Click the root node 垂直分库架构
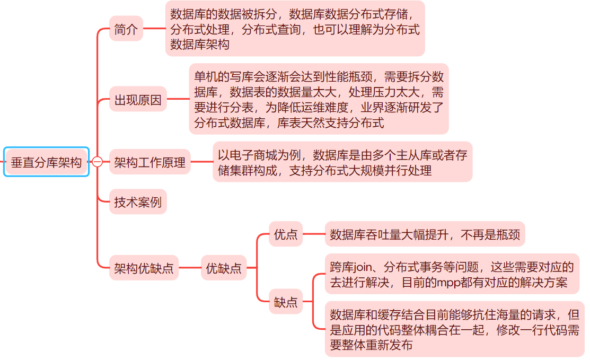point(46,162)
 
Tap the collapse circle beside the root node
point(97,162)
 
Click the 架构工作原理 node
point(150,162)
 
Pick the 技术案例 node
point(138,202)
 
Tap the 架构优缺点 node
point(144,268)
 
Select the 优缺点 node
point(224,268)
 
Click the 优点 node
point(286,234)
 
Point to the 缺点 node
point(286,303)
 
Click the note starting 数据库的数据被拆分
point(295,29)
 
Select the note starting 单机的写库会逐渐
point(319,99)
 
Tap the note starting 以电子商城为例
point(342,162)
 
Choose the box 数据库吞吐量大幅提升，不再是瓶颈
point(425,234)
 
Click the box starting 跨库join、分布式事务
point(452,274)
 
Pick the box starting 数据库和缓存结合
point(454,330)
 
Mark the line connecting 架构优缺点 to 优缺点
point(190,268)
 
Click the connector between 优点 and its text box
point(313,234)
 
